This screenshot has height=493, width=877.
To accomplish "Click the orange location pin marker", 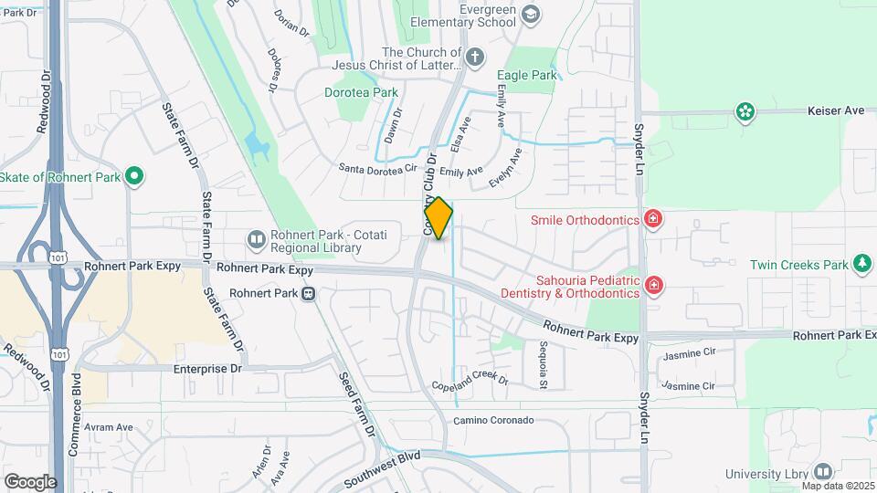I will point(438,218).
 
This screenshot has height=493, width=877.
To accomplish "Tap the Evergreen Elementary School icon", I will point(531,16).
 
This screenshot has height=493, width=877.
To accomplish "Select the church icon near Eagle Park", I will point(473,58).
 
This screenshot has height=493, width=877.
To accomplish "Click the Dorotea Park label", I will point(361,92).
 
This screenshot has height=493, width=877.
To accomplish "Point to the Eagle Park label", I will point(526,76).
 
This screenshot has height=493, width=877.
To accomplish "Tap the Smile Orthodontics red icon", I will point(652,219).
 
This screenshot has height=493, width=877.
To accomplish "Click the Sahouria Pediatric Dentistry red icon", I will point(653,287).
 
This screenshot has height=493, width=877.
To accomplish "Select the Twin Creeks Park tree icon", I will point(861,265).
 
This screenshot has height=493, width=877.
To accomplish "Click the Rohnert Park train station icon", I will point(310,294).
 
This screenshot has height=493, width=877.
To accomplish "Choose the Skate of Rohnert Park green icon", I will point(134,176).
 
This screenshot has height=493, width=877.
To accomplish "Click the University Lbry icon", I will point(823,472).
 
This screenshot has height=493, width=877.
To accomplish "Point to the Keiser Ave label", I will point(835,110).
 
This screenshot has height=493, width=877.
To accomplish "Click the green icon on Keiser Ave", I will point(745,112).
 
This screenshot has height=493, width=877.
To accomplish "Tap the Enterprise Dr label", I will point(207,369).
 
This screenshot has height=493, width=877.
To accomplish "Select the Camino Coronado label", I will point(493,421).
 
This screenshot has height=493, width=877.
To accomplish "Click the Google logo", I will point(30,481).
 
